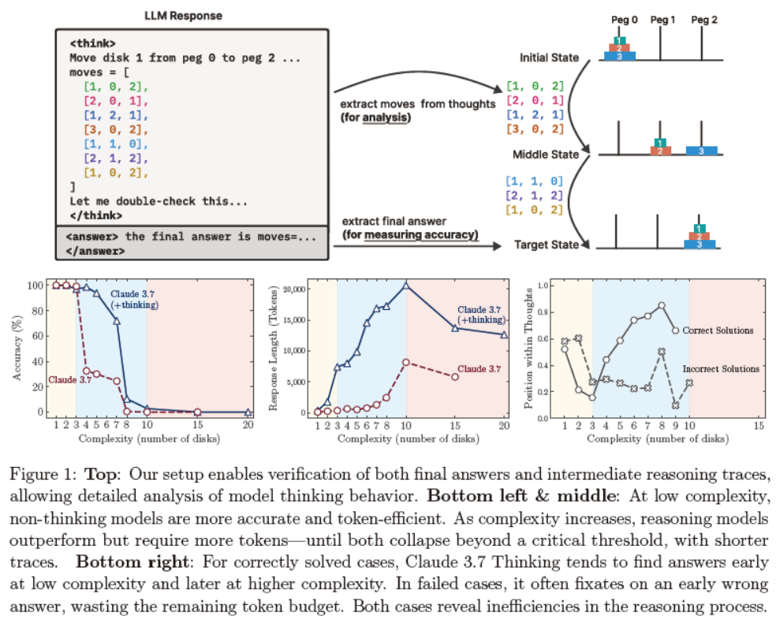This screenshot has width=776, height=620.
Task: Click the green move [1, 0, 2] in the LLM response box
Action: coord(115,86)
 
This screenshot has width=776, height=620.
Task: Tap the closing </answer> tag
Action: coord(95,250)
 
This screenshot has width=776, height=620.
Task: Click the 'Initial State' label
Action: coord(549,58)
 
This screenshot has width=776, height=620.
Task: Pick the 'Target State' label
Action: coord(547,245)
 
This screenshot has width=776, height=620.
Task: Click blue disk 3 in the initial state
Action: coord(620,56)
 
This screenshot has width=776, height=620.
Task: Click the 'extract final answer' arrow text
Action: coord(394,223)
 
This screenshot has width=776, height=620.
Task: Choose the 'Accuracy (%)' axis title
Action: coord(17,347)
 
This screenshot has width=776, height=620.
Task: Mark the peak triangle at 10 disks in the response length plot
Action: coord(405,284)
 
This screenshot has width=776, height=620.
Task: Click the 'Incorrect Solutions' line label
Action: coord(719,368)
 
